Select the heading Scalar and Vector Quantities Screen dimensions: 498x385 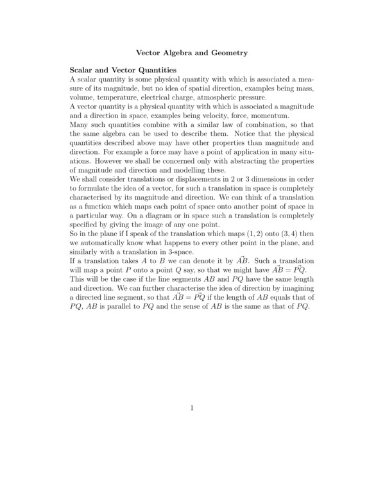pyautogui.click(x=123, y=69)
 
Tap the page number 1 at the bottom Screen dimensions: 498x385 pyautogui.click(x=193, y=408)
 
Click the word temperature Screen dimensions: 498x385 pyautogui.click(x=116, y=97)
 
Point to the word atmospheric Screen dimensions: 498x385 pyautogui.click(x=222, y=97)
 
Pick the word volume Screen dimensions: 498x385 pyautogui.click(x=83, y=97)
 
